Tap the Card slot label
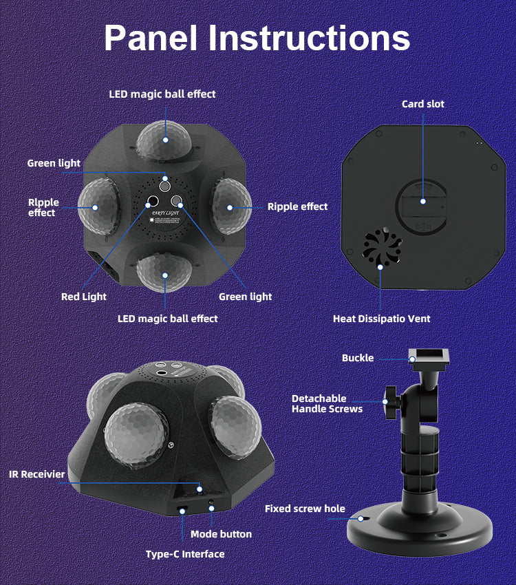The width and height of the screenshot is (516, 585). [423, 104]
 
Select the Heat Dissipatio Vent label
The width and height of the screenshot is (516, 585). [381, 319]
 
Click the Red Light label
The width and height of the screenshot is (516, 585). [84, 297]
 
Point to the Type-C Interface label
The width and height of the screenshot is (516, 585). [185, 554]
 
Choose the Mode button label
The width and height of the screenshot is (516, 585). [221, 534]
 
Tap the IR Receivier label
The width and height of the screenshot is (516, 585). [37, 474]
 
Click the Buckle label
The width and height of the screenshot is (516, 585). [358, 358]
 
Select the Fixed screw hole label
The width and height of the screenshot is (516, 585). [305, 509]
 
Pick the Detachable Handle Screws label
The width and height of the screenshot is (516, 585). [327, 404]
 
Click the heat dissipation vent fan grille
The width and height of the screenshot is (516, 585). [382, 246]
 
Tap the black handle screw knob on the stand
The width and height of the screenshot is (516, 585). [391, 402]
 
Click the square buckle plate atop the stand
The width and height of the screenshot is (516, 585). [429, 357]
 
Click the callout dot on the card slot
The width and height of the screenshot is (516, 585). [423, 202]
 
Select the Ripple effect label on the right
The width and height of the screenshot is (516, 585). [297, 206]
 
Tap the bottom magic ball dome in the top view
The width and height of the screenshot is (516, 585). [164, 273]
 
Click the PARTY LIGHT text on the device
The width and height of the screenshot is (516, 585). [166, 213]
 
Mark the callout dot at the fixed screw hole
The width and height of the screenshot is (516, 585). [361, 519]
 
